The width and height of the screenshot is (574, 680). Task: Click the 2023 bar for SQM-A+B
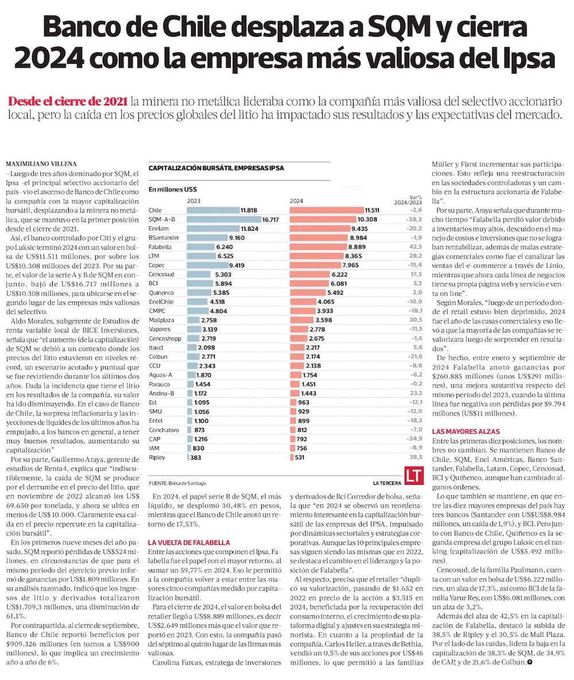click(224, 219)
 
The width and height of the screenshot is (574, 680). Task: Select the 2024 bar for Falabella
click(327, 246)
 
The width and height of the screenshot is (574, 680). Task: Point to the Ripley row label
click(157, 458)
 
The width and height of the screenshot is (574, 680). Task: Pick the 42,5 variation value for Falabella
click(416, 246)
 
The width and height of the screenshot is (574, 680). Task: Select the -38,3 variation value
click(414, 219)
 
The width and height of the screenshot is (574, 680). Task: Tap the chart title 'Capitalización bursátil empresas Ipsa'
click(216, 168)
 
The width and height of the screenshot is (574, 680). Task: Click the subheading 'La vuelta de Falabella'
click(189, 542)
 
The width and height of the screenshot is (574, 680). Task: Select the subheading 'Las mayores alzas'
click(466, 431)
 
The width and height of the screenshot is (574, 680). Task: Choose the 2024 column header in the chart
click(297, 201)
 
